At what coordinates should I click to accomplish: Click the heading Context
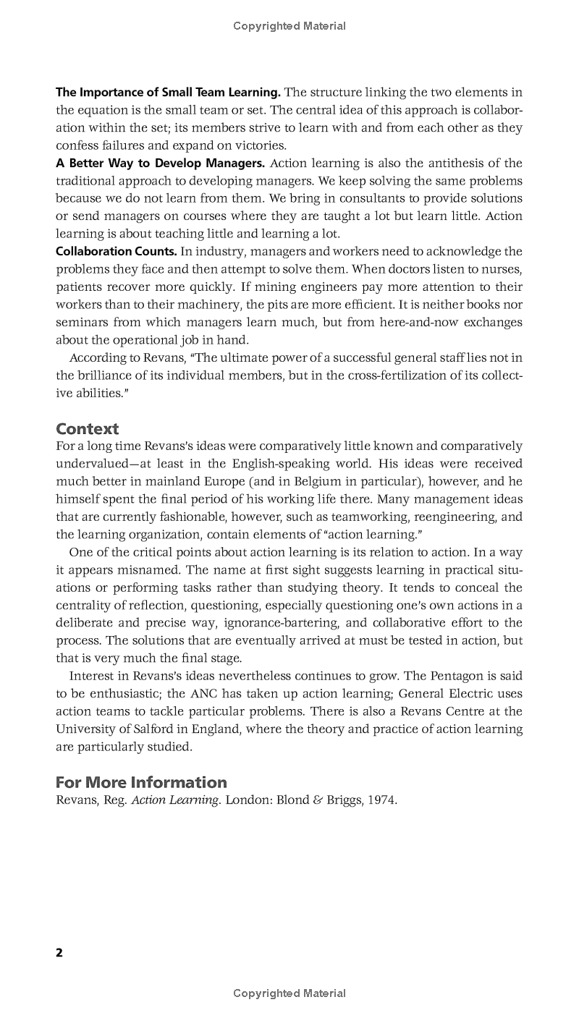88,428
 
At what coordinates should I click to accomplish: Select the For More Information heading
141,782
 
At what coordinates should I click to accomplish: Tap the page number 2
59,952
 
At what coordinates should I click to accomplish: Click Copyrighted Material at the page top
289,26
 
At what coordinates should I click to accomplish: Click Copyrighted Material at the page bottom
289,993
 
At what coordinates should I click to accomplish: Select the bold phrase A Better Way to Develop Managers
161,163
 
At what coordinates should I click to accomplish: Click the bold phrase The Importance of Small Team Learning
168,93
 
